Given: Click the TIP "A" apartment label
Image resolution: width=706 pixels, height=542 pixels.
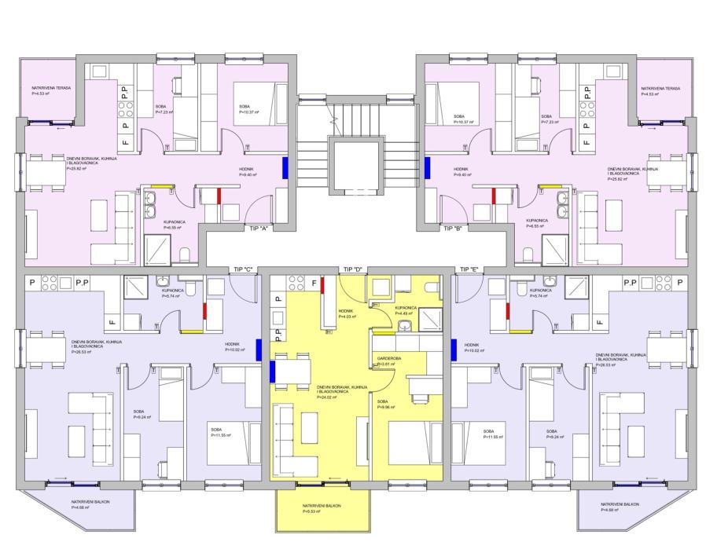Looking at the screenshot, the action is [x=259, y=229].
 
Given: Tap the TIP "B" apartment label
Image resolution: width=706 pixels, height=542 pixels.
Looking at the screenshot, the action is [x=451, y=229].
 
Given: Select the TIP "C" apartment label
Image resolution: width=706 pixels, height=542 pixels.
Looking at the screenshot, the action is [x=243, y=269].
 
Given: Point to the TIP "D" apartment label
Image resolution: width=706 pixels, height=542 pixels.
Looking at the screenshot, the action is [x=352, y=269].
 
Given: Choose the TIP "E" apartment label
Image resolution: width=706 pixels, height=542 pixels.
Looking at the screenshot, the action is [x=469, y=269].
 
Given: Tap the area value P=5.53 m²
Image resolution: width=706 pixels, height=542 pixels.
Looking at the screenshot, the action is [x=311, y=512].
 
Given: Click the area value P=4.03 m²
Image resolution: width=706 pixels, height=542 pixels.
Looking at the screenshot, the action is [x=347, y=317].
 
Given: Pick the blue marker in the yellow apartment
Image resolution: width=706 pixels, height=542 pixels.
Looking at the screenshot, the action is [x=274, y=371].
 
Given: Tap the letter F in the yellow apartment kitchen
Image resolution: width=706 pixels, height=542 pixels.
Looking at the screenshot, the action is [x=314, y=283].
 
